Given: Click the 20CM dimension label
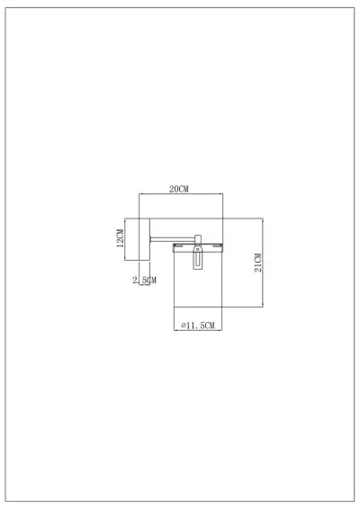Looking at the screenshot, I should click(179, 189).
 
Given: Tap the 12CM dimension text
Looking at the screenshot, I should click(119, 237).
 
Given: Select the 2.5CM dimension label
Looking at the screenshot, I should click(144, 281).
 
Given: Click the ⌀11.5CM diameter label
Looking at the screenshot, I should click(198, 325).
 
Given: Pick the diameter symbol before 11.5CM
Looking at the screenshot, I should click(183, 325).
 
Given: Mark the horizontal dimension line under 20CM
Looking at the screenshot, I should click(179, 195).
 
